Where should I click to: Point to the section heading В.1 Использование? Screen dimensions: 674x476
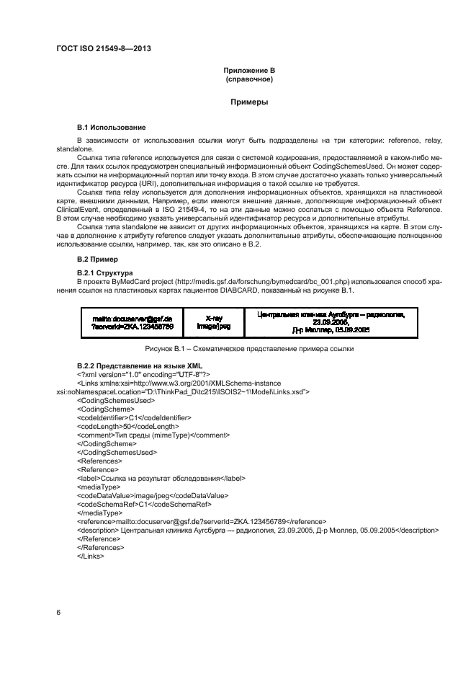[111, 127]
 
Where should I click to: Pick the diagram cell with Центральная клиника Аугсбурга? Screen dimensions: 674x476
[331, 322]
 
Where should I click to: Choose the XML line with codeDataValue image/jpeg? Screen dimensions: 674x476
[152, 496]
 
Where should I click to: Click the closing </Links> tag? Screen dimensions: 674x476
[91, 557]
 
